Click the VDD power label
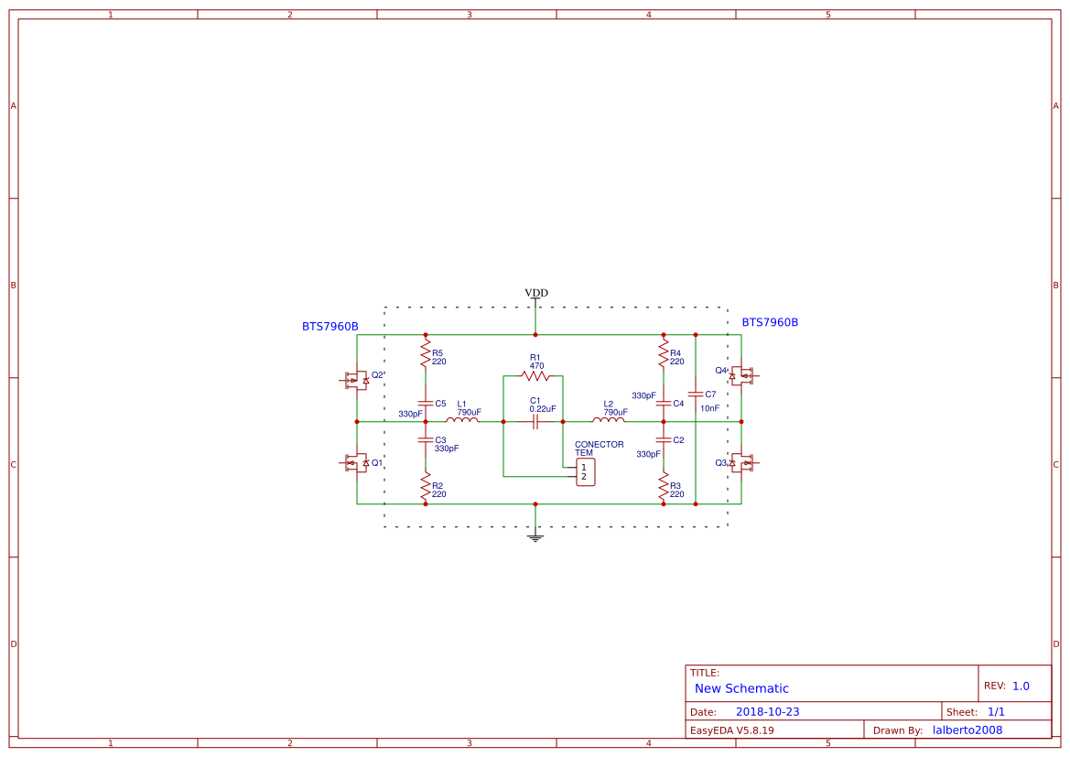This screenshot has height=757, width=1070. coord(535,293)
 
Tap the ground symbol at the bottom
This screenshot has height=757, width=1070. coord(535,537)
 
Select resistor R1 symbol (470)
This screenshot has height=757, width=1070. coord(535,375)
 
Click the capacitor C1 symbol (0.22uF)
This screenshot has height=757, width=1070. coord(535,421)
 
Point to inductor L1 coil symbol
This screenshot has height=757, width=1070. coord(462,420)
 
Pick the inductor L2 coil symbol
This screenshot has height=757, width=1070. coord(609,420)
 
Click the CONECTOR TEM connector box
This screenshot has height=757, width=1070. coord(585,472)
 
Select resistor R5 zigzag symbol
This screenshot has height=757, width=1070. coord(426,352)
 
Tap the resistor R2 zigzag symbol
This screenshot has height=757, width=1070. coord(426,485)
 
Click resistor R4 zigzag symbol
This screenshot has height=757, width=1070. coord(664,352)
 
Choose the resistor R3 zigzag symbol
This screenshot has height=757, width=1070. coord(664,485)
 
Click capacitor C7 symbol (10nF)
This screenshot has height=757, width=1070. coord(696,394)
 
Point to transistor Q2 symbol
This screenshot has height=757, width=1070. coord(354,380)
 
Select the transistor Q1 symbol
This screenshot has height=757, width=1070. coord(354,463)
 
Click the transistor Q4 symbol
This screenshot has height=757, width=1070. coord(742,375)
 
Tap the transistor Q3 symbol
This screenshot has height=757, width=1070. coord(742,463)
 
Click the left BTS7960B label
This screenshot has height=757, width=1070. coord(330,327)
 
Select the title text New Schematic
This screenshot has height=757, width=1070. coord(741,688)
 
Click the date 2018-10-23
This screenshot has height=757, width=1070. coord(767,711)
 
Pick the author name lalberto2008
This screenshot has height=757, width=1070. coord(967,730)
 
